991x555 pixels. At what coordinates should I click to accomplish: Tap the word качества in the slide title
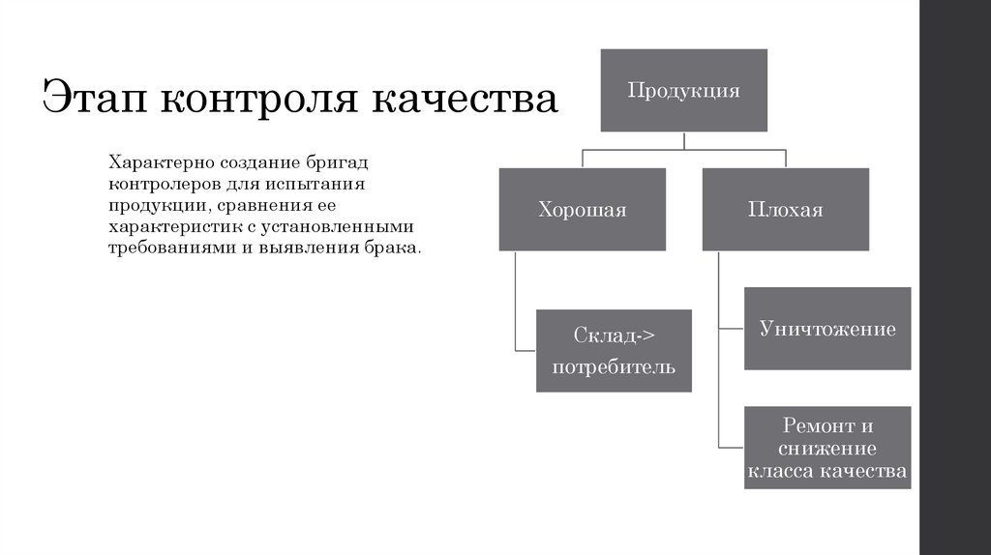click(x=464, y=101)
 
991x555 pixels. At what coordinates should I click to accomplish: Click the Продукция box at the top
click(x=684, y=91)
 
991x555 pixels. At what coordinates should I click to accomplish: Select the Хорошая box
click(x=582, y=209)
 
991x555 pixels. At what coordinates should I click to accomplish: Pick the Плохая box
click(x=785, y=209)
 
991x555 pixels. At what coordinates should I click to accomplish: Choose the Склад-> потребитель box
click(x=614, y=350)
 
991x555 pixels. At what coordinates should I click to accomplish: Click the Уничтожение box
click(x=826, y=329)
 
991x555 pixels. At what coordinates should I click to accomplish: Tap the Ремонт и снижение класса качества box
click(x=826, y=448)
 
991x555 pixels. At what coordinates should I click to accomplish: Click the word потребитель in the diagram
click(x=614, y=367)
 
